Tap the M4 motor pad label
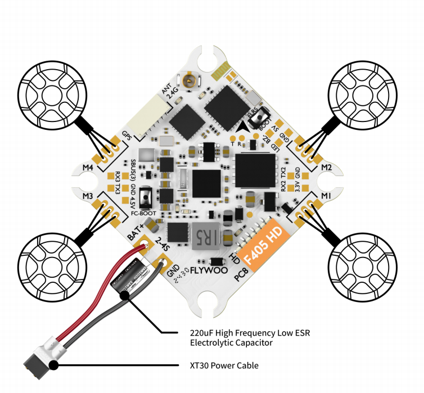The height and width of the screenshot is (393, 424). (88, 168)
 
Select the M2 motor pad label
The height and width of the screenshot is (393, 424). (327, 168)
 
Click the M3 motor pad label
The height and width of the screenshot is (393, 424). (87, 196)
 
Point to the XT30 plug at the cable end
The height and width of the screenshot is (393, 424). (37, 364)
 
